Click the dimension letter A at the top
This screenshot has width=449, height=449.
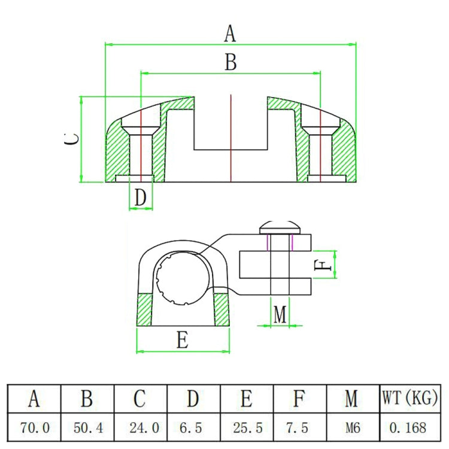click(230, 34)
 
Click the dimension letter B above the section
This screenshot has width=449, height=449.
click(230, 62)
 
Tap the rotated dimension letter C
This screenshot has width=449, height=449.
click(71, 139)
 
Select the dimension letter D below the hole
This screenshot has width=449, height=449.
click(140, 197)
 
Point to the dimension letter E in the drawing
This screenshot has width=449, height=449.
click(183, 340)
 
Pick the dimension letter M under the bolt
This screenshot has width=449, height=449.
click(280, 314)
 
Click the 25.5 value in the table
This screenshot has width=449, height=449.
click(247, 427)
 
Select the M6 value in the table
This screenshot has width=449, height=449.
click(353, 427)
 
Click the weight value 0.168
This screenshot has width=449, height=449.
click(409, 427)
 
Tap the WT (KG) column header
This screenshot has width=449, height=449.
click(409, 398)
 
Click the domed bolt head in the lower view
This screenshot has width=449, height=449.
click(280, 227)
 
